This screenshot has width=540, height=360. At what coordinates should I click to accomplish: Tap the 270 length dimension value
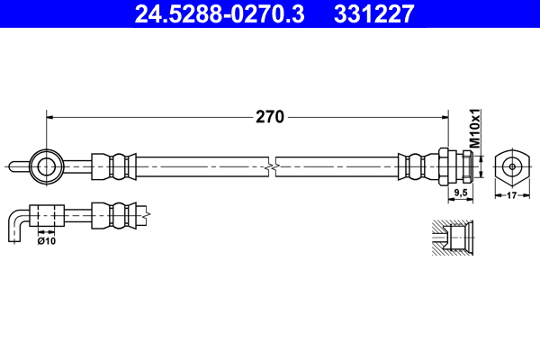pos(270,117)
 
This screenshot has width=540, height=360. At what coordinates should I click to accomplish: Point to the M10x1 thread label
pos(476,130)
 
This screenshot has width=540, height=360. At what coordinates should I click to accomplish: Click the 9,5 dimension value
pos(461,193)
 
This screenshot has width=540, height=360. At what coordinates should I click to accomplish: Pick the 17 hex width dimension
pos(511,193)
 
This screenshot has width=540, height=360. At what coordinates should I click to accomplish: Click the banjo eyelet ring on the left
pos(46,165)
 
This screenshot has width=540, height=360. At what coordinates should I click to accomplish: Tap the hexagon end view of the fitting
pos(511,165)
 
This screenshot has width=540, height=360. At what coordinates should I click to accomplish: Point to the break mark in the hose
pos(272,166)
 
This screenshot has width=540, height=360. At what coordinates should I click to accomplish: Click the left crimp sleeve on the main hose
pos(114,165)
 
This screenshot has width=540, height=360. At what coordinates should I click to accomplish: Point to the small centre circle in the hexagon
pos(511,165)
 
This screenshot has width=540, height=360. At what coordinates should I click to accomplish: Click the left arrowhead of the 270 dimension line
pos(50,116)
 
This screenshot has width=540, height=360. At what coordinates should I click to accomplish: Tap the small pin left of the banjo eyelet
pos(18,165)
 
